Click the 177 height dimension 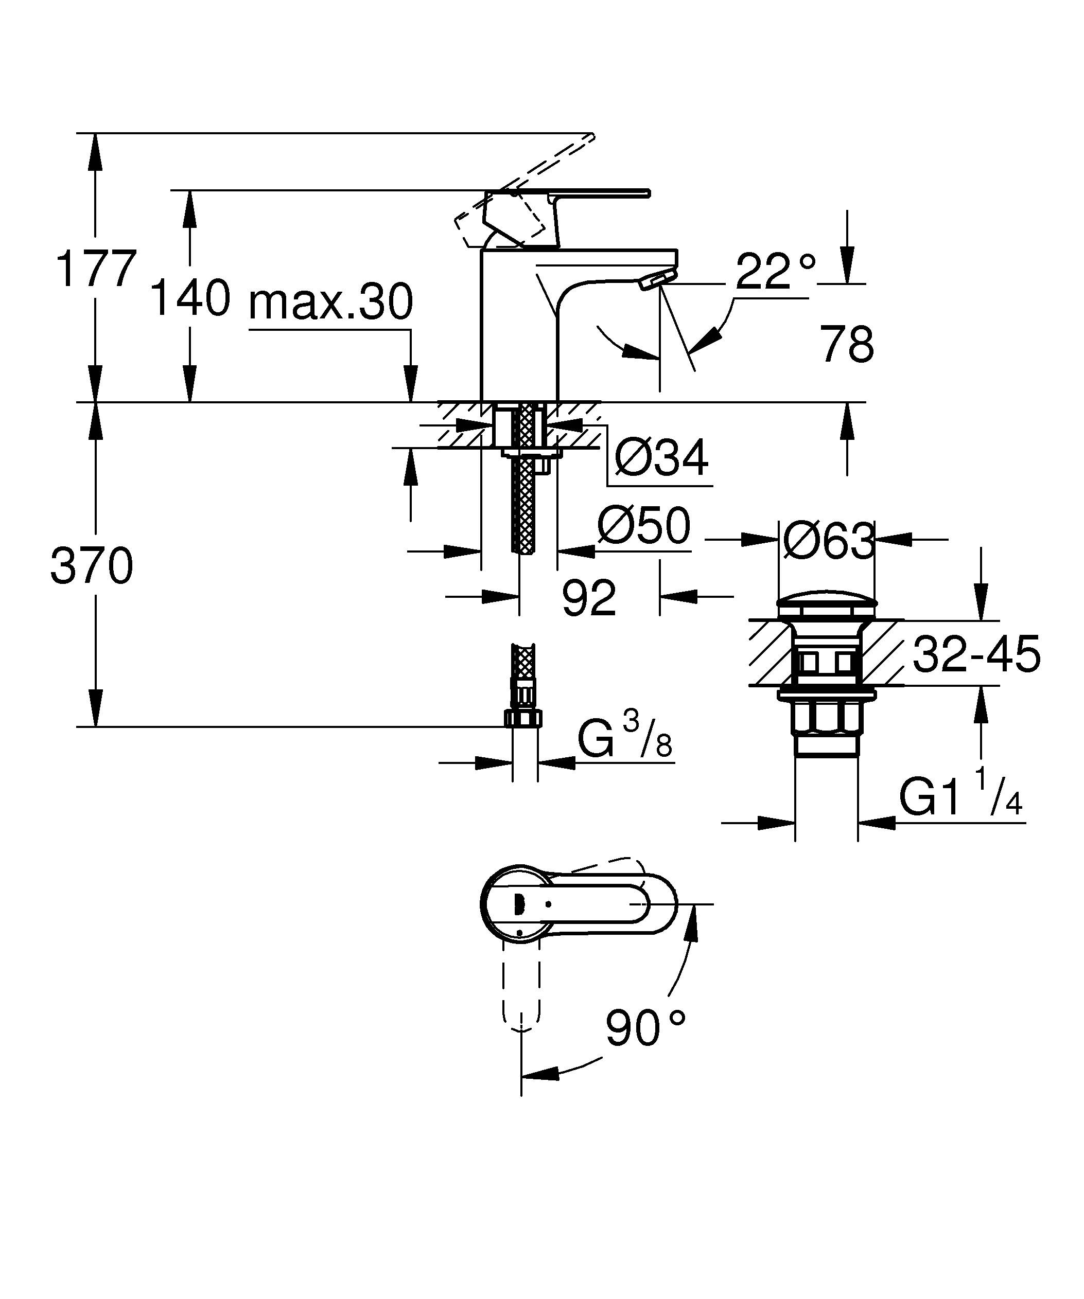96,269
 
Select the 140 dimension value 190,298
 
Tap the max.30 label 330,302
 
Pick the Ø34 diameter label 661,458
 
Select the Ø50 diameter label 643,526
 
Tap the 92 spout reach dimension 588,598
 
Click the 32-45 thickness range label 976,654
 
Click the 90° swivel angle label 645,1028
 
